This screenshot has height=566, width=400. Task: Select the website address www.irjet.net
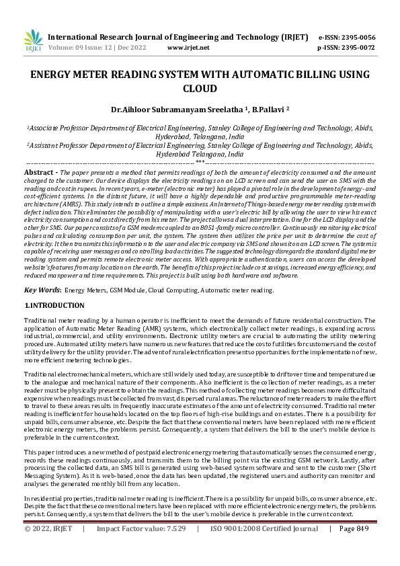[188, 48]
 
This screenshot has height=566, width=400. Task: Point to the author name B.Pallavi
[266, 108]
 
